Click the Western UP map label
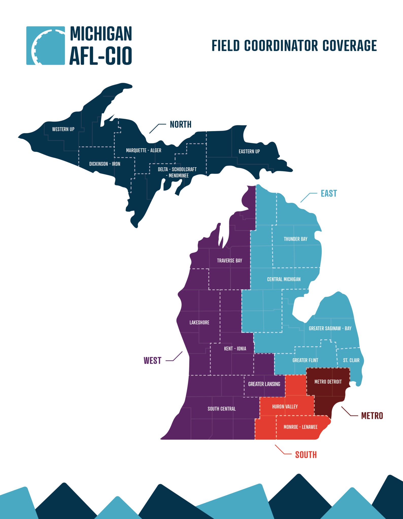pyautogui.click(x=63, y=129)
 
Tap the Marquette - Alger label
pyautogui.click(x=144, y=150)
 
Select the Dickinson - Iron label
pyautogui.click(x=105, y=164)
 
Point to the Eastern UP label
pyautogui.click(x=249, y=151)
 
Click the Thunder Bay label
pyautogui.click(x=295, y=239)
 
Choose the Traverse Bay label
pyautogui.click(x=229, y=261)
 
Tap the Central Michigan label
pyautogui.click(x=284, y=279)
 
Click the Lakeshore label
pyautogui.click(x=199, y=322)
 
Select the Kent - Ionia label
pyautogui.click(x=235, y=348)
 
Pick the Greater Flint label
pyautogui.click(x=305, y=360)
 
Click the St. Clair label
pyautogui.click(x=351, y=360)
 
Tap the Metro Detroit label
pyautogui.click(x=328, y=382)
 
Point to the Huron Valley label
pyautogui.click(x=285, y=406)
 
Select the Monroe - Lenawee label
pyautogui.click(x=300, y=427)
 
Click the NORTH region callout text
pyautogui.click(x=180, y=124)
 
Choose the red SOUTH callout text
pyautogui.click(x=306, y=455)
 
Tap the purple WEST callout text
pyautogui.click(x=152, y=360)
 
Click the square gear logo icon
pyautogui.click(x=46, y=46)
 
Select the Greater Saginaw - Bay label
pyautogui.click(x=330, y=328)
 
